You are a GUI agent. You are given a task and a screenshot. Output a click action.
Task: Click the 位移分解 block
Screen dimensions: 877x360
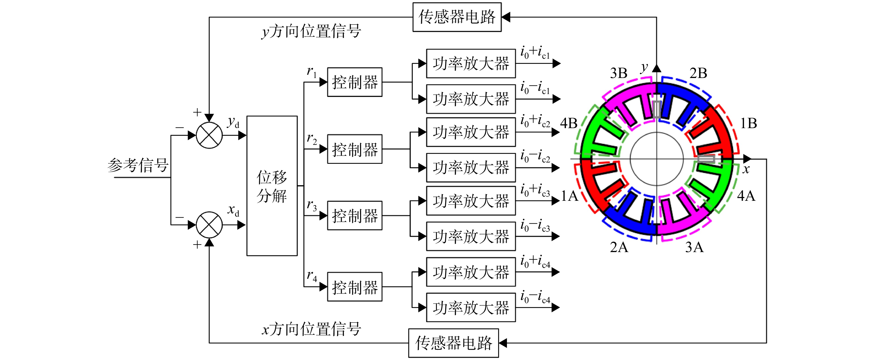coord(272,186)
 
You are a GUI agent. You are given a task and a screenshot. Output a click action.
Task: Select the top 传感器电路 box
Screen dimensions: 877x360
coord(457,17)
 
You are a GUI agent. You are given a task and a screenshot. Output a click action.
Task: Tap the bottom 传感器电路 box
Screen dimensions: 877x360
coord(454,343)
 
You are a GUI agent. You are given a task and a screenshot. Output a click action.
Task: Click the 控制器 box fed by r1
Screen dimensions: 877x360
coord(355,82)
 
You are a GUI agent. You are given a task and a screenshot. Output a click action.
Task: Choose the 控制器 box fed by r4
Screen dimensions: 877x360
coord(355,287)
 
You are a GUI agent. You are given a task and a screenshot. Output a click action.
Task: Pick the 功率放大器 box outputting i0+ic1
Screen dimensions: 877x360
coord(471,63)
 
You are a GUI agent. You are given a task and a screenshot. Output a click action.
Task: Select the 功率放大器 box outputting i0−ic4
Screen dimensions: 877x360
coord(471,307)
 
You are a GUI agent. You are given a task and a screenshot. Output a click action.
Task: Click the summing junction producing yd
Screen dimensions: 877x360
coord(209,135)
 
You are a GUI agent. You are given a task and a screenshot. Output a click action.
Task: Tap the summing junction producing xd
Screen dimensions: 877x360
coord(209,225)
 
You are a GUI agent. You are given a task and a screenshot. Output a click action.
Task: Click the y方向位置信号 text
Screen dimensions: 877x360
coord(311,31)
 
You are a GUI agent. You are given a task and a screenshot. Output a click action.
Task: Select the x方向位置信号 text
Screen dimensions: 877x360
coord(311,329)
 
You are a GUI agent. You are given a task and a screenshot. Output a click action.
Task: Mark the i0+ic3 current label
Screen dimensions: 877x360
coord(535,190)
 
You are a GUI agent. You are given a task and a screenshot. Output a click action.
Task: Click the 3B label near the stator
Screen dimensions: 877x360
coord(618,73)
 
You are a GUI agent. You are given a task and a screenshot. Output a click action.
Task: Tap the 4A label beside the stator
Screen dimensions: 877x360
coord(746,196)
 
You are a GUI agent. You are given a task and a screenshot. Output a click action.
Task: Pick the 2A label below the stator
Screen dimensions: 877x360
coord(619,247)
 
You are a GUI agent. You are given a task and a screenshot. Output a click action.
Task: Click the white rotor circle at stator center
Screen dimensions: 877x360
coord(657,159)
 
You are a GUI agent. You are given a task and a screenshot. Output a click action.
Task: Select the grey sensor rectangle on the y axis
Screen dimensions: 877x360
coord(657,109)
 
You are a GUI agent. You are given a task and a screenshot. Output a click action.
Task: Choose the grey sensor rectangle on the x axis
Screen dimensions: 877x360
coord(706,159)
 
